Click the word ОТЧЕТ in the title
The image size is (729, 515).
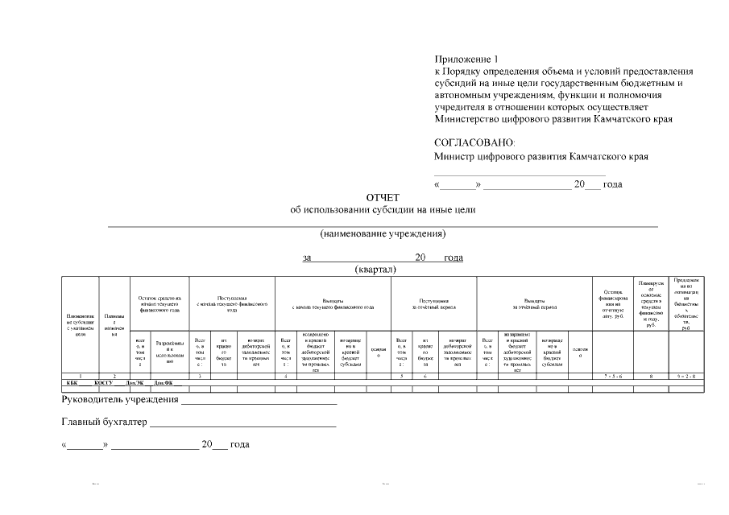click(383, 197)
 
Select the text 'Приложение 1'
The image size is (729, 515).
click(466, 59)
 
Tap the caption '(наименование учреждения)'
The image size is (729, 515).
click(383, 234)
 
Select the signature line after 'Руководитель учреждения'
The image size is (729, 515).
click(259, 403)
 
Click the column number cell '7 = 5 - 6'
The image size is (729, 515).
click(613, 377)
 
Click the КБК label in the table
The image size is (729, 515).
click(72, 383)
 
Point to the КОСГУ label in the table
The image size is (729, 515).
click(103, 383)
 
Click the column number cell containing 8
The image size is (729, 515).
click(651, 377)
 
